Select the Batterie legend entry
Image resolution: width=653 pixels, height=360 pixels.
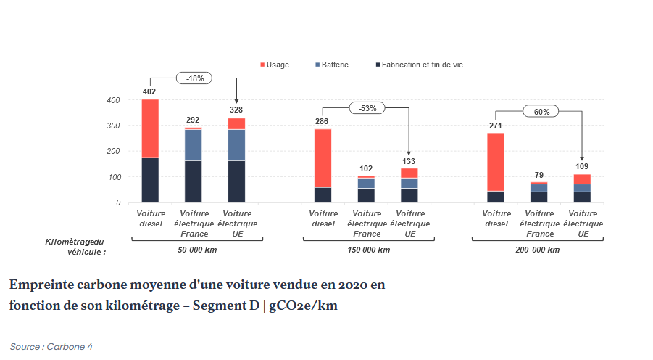click(x=331, y=65)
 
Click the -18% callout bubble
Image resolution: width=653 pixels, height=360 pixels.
click(x=194, y=78)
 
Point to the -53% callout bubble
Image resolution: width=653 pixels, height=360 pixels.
click(x=367, y=108)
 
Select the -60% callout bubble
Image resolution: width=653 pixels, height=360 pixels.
click(x=541, y=112)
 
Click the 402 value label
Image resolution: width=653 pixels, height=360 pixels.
click(x=149, y=92)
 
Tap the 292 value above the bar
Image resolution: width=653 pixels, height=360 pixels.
click(x=193, y=120)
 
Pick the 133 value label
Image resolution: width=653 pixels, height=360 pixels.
click(x=409, y=161)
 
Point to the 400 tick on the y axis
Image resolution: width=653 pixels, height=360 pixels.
click(x=114, y=100)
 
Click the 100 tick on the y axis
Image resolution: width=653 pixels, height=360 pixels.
click(x=114, y=177)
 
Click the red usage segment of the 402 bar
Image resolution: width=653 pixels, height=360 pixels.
click(x=149, y=128)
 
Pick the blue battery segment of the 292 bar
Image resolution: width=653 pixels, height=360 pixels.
click(x=193, y=145)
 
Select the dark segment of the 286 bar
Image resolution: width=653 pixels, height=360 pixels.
click(x=323, y=195)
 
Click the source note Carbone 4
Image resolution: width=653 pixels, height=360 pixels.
click(x=51, y=346)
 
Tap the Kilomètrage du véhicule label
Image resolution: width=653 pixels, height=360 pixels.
click(x=75, y=247)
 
